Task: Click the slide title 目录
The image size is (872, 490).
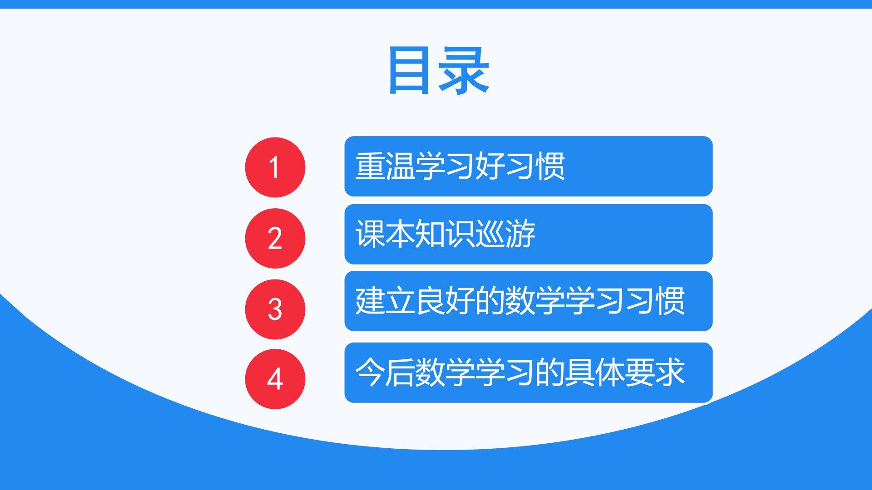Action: tap(439, 70)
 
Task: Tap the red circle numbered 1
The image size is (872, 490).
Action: tap(275, 167)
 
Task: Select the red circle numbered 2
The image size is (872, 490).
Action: tap(275, 238)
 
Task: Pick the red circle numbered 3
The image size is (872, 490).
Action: tap(275, 309)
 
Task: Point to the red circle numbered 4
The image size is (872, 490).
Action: tap(275, 379)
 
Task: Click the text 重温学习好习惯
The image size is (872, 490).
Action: tap(460, 166)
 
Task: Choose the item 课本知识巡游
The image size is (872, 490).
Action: tap(445, 234)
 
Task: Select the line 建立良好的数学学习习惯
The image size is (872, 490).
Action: tap(520, 301)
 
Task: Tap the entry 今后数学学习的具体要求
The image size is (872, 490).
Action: tap(520, 372)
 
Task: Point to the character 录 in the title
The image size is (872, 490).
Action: tap(464, 70)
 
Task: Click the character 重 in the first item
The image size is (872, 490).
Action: tap(370, 166)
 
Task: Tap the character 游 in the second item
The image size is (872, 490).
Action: tap(520, 234)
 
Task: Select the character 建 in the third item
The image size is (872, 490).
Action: tap(370, 301)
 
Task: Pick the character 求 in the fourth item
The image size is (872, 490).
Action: tap(670, 372)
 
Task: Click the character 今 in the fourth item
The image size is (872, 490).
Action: tap(370, 372)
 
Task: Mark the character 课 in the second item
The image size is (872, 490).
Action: tap(370, 234)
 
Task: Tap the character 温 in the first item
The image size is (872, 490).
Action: tap(400, 166)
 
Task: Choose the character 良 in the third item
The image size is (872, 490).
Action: tap(430, 301)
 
